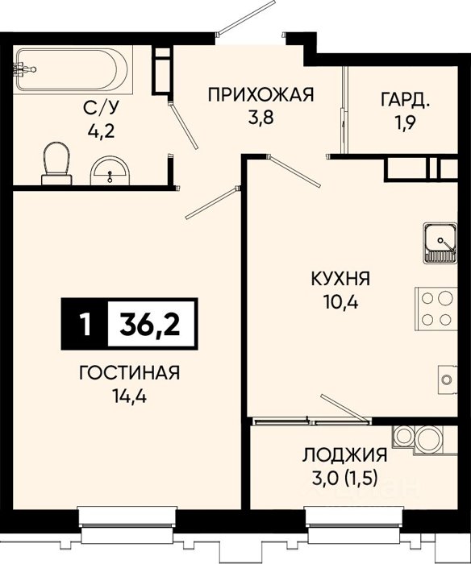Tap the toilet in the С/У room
[56, 164]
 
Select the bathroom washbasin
[110, 171]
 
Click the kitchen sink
[440, 243]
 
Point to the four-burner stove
[436, 309]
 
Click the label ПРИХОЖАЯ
[261, 95]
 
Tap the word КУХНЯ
[340, 279]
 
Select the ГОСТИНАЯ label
[129, 372]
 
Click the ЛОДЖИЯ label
[344, 455]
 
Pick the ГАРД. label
[406, 101]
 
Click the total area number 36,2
[150, 324]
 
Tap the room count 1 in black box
[85, 324]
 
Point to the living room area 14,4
[130, 396]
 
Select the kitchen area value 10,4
[341, 302]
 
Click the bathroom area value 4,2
[101, 131]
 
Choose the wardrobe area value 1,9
[405, 123]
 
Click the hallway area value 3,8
[261, 118]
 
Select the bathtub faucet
[23, 69]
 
